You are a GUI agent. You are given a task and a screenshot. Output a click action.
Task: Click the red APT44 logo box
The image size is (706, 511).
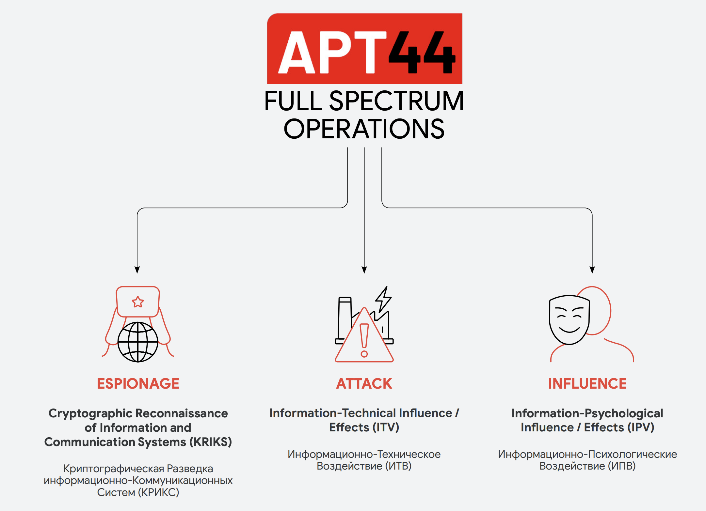coord(364,49)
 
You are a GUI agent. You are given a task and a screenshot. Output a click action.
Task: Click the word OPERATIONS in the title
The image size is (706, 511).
coord(364,129)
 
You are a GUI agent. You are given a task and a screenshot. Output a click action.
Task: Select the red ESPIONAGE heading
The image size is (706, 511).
coord(138,384)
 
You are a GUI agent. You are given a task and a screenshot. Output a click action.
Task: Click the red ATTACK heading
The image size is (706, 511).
coord(364,384)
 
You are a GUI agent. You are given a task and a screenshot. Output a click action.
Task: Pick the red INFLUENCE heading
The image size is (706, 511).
coord(587,384)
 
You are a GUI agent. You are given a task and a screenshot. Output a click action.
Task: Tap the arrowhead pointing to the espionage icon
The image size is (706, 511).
coord(137,270)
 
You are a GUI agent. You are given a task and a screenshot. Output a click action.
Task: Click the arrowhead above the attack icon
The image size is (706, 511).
coord(364,270)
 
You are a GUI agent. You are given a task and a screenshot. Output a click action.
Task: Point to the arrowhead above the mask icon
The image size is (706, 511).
coord(592,270)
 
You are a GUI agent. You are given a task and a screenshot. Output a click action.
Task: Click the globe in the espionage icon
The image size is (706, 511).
coord(138,342)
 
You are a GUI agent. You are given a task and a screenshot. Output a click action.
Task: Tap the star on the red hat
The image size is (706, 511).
coord(138,302)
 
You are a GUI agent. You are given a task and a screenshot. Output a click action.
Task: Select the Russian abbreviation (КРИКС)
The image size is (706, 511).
coord(159,492)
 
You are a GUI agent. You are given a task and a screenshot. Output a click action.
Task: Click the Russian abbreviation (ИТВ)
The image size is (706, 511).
coord(398,466)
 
